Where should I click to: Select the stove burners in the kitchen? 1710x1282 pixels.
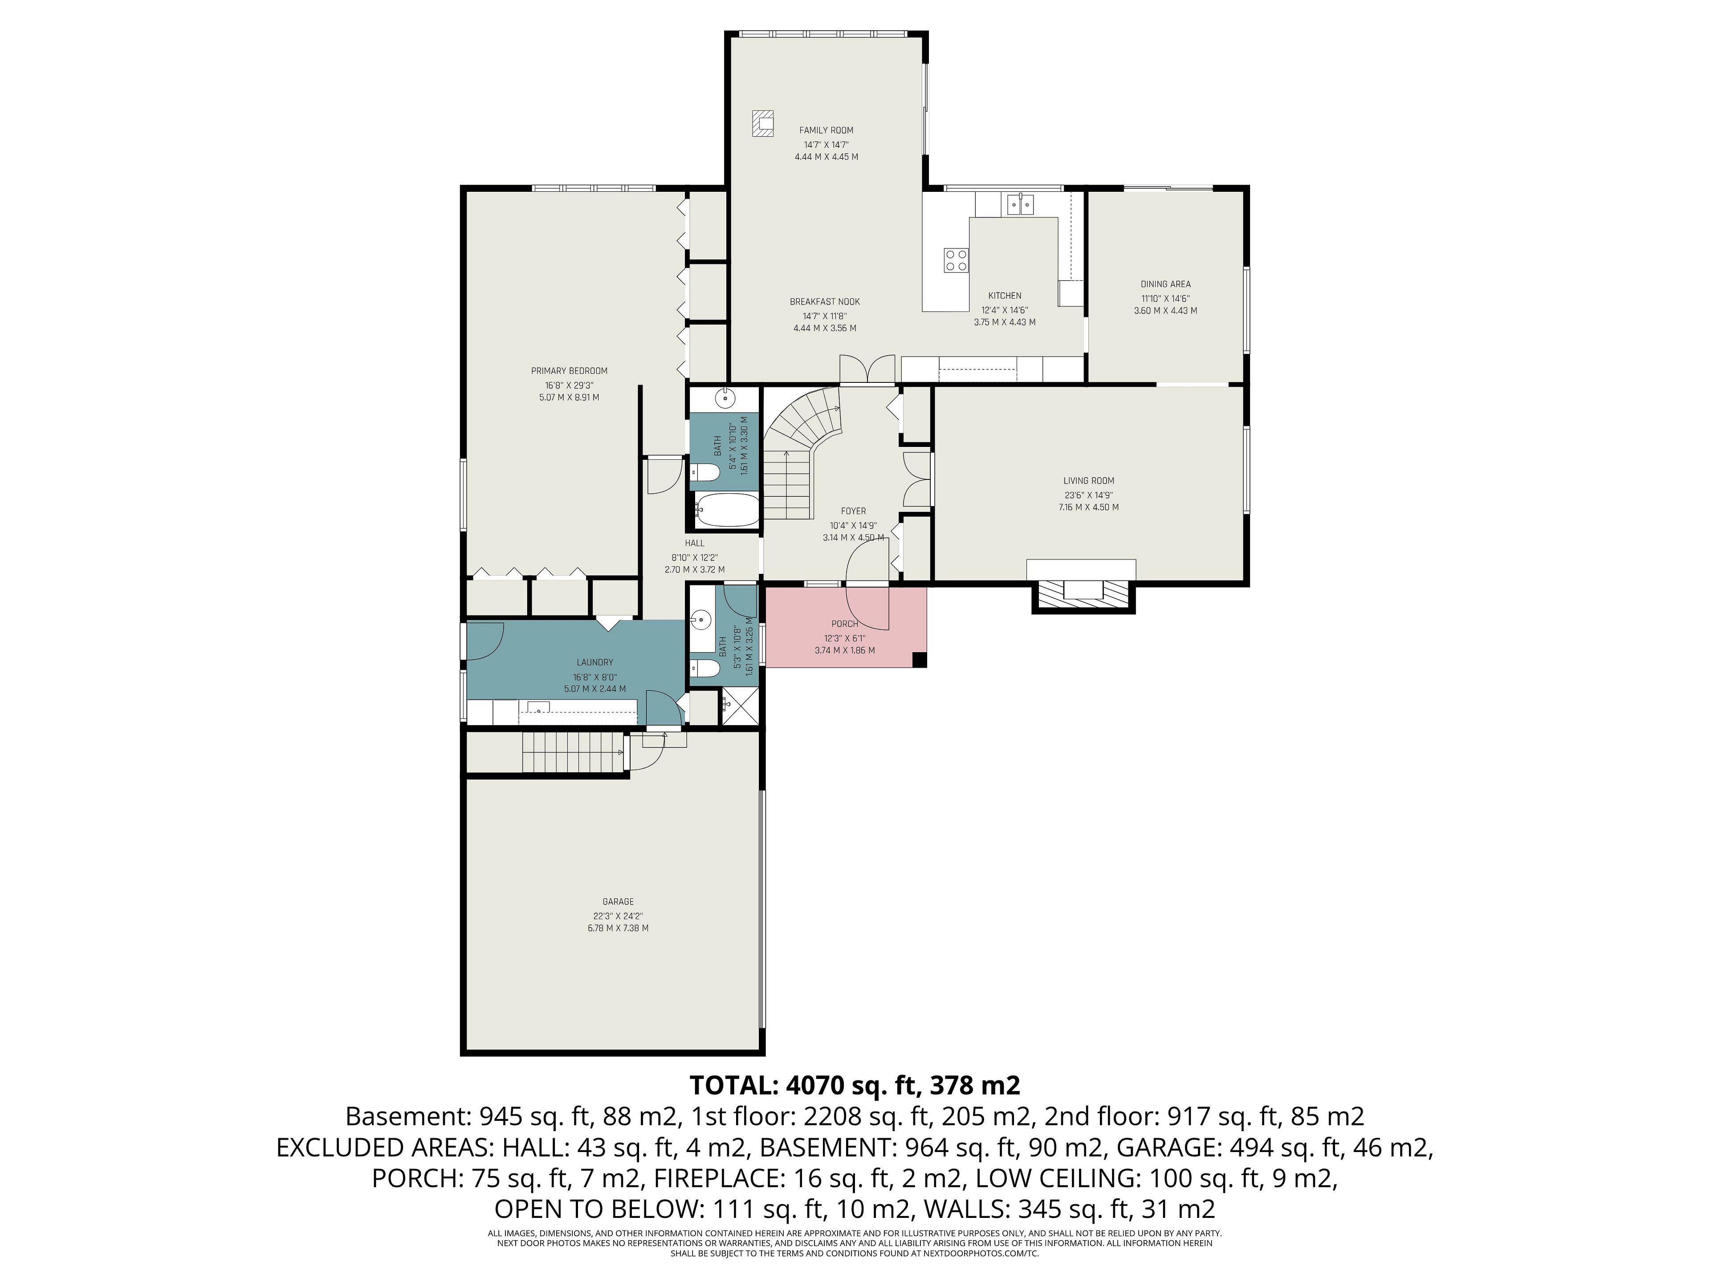pyautogui.click(x=956, y=260)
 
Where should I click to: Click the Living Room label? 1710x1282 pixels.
pyautogui.click(x=1088, y=481)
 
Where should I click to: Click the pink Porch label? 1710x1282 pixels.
pyautogui.click(x=844, y=624)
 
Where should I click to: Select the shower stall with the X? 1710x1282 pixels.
pyautogui.click(x=738, y=707)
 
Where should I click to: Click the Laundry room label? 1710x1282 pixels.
pyautogui.click(x=594, y=662)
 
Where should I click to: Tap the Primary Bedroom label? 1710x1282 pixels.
pyautogui.click(x=569, y=371)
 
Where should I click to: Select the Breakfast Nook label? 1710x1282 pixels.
pyautogui.click(x=824, y=302)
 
